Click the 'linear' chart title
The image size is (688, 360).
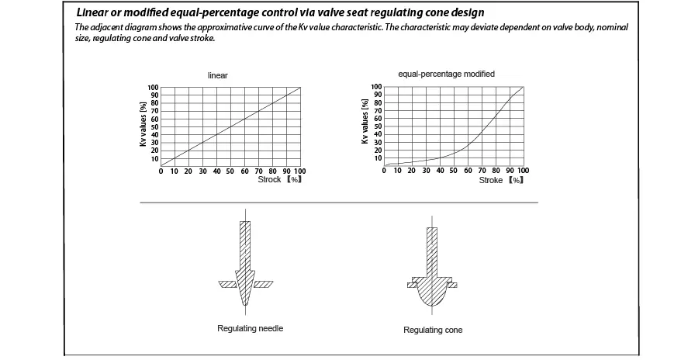pyautogui.click(x=218, y=75)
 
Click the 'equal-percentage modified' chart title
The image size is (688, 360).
pyautogui.click(x=446, y=74)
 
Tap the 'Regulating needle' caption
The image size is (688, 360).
pyautogui.click(x=250, y=328)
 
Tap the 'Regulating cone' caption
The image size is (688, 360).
pyautogui.click(x=433, y=331)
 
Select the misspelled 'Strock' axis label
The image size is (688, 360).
pyautogui.click(x=269, y=179)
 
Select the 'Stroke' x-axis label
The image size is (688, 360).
pyautogui.click(x=490, y=181)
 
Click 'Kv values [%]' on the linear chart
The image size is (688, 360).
pyautogui.click(x=143, y=124)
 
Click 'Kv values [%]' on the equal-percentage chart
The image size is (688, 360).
pyautogui.click(x=365, y=121)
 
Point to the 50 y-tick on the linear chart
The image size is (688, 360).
pyautogui.click(x=155, y=127)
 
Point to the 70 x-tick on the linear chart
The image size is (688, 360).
pyautogui.click(x=259, y=171)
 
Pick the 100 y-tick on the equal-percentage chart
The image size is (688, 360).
pyautogui.click(x=376, y=87)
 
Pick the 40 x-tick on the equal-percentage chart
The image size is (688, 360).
pyautogui.click(x=440, y=171)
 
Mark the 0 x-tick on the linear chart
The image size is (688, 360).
pyautogui.click(x=161, y=171)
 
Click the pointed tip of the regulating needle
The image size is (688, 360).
pyautogui.click(x=245, y=305)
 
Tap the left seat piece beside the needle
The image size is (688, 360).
pyautogui.click(x=228, y=285)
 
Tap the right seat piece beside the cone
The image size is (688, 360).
pyautogui.click(x=452, y=285)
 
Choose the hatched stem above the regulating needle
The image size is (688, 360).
pyautogui.click(x=245, y=245)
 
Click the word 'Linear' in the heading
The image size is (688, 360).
pyautogui.click(x=92, y=12)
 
